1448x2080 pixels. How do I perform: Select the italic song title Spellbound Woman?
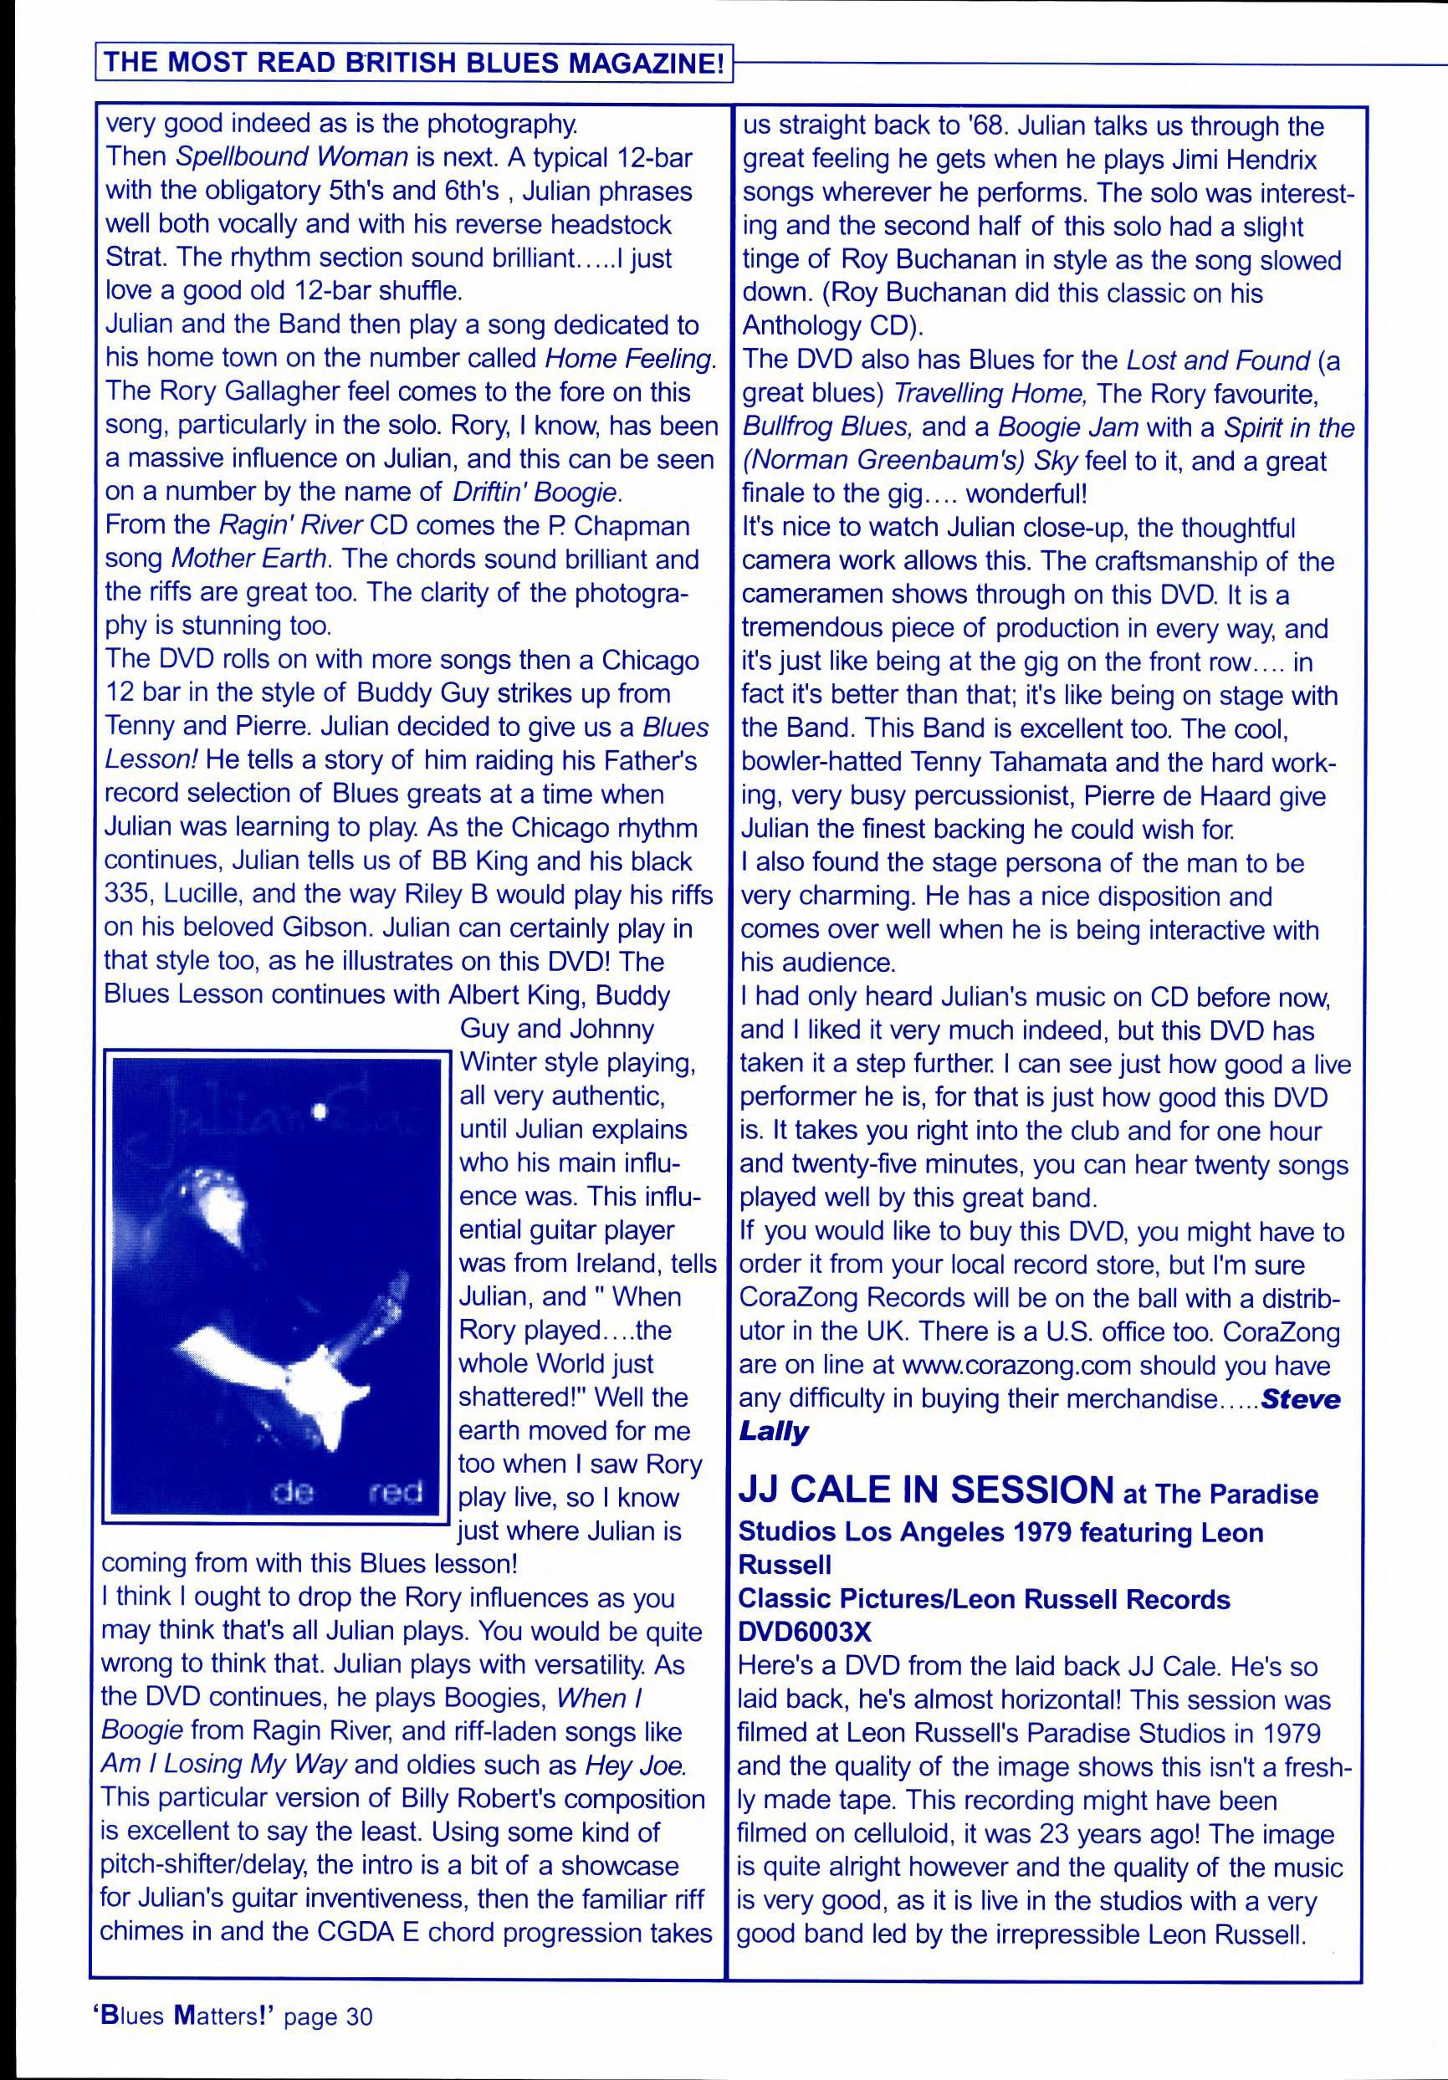291,157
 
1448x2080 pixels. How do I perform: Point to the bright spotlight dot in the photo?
318,1112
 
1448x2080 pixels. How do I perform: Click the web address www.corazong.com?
1017,1365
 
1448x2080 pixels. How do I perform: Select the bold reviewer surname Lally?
773,1431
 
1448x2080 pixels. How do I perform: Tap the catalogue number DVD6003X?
805,1632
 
